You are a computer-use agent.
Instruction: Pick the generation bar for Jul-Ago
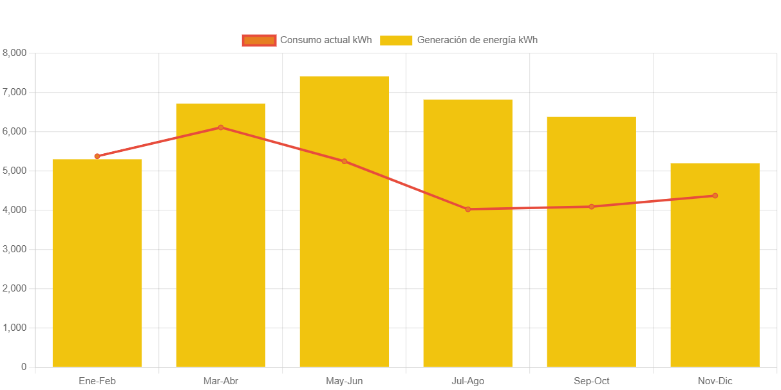tap(468, 290)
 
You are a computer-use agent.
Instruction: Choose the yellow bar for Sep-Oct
tap(591, 290)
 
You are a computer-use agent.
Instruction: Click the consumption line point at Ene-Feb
tap(97, 156)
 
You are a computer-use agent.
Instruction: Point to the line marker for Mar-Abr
tap(221, 127)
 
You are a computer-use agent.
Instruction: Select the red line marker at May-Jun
tap(344, 162)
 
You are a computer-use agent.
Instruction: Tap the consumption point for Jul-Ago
tap(468, 209)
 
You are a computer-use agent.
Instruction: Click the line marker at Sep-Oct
tap(591, 207)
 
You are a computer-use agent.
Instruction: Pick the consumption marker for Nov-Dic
tap(715, 196)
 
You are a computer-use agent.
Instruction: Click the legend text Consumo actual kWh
tap(326, 40)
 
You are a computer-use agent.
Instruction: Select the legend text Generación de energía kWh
tap(477, 40)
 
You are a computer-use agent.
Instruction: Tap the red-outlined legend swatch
tap(259, 41)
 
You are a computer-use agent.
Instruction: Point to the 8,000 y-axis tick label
tap(15, 53)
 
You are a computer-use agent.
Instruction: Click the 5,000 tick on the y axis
tap(15, 171)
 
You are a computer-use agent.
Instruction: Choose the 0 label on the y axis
tap(24, 367)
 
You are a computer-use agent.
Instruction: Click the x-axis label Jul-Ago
tap(468, 381)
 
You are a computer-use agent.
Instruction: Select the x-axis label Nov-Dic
tap(715, 381)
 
